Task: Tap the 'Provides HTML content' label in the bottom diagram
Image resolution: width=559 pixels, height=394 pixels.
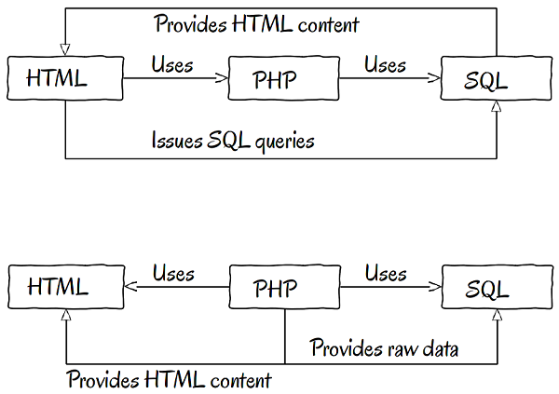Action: click(169, 379)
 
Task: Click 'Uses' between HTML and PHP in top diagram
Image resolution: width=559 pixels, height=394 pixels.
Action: click(172, 64)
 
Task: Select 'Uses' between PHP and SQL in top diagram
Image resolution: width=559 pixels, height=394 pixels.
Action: click(385, 64)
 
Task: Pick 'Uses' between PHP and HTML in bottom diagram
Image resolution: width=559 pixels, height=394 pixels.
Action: click(172, 273)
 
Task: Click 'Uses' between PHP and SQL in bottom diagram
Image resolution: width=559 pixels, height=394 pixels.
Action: click(385, 273)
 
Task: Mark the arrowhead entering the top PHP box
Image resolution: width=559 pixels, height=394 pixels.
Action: click(223, 79)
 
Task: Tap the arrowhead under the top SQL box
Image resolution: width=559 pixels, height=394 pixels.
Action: click(497, 109)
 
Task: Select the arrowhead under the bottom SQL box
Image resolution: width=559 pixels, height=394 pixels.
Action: click(497, 318)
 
